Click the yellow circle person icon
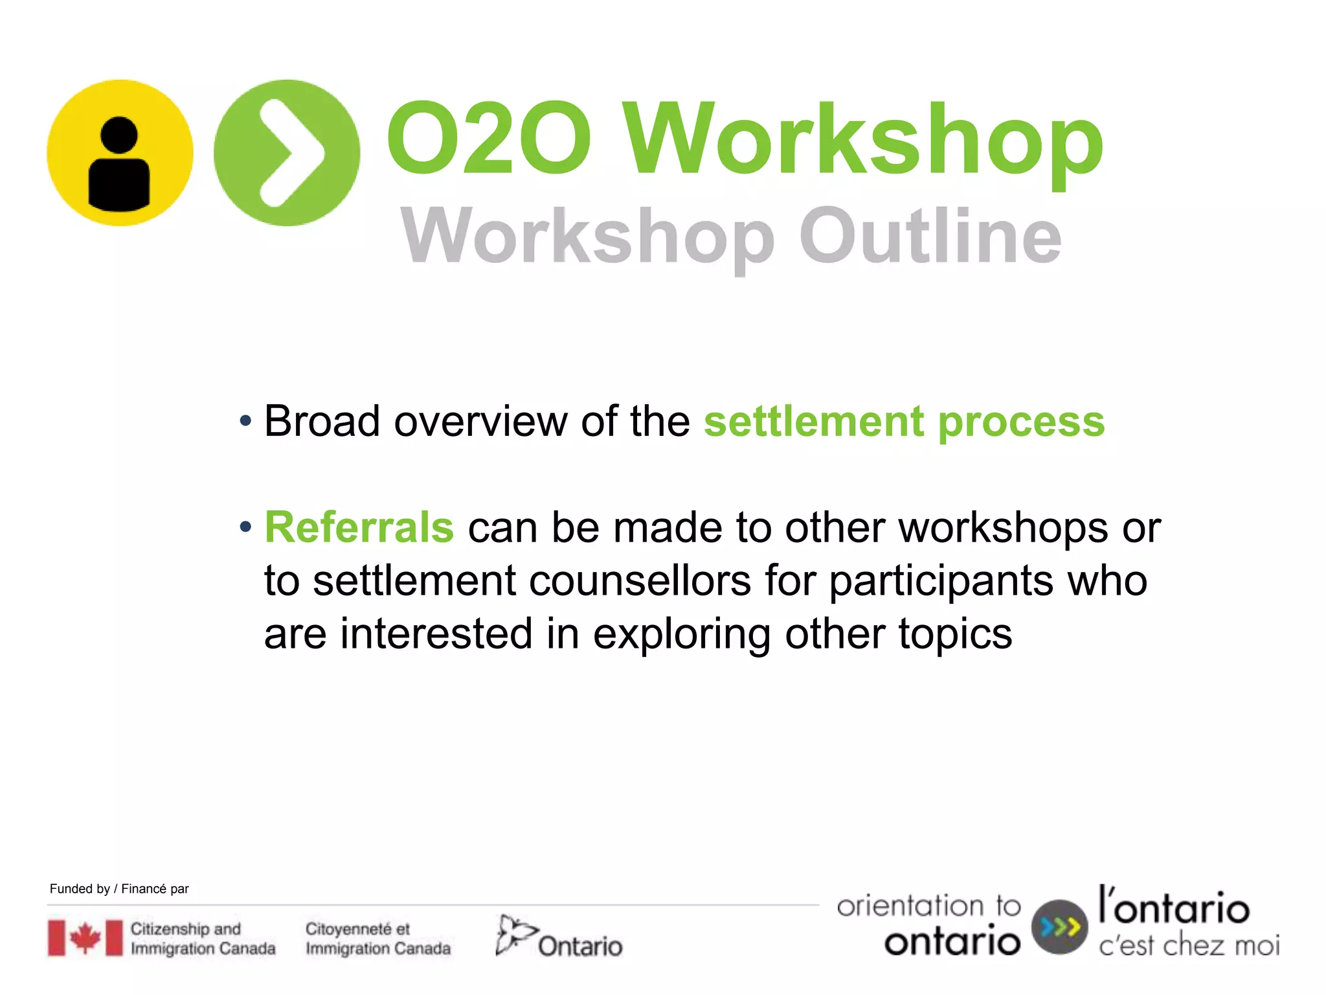tap(120, 153)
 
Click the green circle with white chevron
tap(286, 153)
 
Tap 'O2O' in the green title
tap(488, 139)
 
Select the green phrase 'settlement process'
tap(904, 422)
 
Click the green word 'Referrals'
tap(359, 527)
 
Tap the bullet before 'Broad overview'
tap(245, 422)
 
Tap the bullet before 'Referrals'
tap(245, 527)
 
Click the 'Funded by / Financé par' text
tap(119, 889)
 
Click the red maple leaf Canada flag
tap(85, 937)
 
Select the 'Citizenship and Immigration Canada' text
tap(203, 939)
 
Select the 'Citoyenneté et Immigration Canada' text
tap(377, 939)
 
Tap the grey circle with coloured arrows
tap(1059, 927)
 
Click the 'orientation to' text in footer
tap(928, 906)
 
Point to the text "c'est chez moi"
tap(1189, 946)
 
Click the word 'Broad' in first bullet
tap(322, 422)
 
